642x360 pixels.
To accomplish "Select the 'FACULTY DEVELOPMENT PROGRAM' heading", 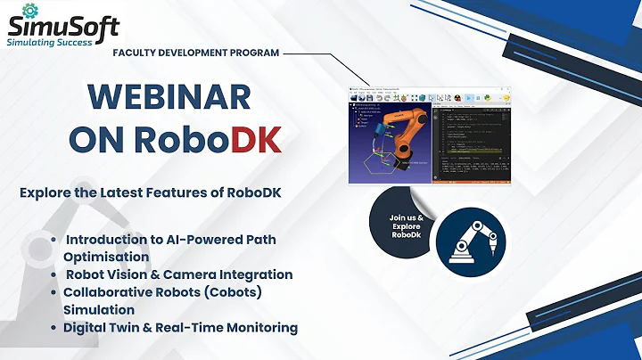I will [195, 53].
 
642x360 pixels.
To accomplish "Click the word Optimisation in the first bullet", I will [106, 257].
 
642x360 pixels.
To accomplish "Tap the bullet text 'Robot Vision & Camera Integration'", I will [179, 274].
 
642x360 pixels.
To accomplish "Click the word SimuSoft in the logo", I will [63, 21].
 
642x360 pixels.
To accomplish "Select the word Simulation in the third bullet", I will [99, 309].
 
